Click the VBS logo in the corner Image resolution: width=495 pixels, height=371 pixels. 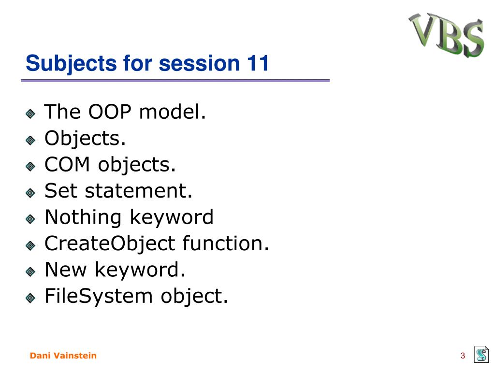coord(446,35)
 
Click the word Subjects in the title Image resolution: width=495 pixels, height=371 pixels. coord(72,64)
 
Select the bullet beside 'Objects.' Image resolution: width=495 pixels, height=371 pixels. coord(30,140)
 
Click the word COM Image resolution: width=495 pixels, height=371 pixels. coord(67,164)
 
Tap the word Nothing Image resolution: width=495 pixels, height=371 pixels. coord(83,218)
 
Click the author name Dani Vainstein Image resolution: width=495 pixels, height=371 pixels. coord(63,356)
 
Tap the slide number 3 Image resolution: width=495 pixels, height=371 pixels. coord(463,356)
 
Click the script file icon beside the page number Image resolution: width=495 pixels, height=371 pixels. coord(481,354)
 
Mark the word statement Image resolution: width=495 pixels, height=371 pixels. coord(139,191)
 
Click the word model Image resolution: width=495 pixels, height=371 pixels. coord(173,112)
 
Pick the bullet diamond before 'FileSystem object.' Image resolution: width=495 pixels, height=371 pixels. coord(30,298)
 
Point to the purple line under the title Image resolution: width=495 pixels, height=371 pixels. coord(175,81)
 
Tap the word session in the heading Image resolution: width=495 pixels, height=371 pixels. coord(200,63)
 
